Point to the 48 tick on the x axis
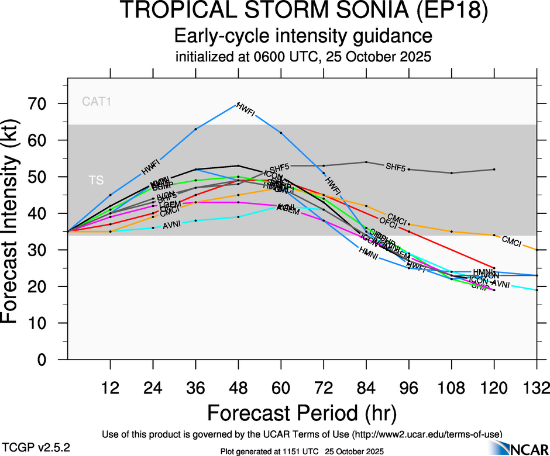coord(238,388)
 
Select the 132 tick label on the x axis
coord(537,388)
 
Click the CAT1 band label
coord(97,102)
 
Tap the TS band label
coord(96,181)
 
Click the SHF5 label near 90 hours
coord(396,167)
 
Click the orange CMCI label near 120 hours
coord(511,240)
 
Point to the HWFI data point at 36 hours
coord(195,129)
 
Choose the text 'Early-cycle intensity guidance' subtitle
coord(303,37)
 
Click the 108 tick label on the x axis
coord(452,388)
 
